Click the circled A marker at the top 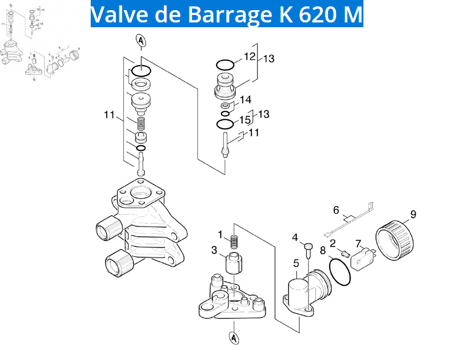click(141, 41)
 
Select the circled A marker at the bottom click(234, 338)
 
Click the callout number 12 click(250, 56)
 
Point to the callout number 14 click(245, 99)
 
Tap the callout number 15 click(245, 120)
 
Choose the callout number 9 click(413, 214)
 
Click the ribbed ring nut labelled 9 click(395, 240)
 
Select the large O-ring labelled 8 click(340, 271)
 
